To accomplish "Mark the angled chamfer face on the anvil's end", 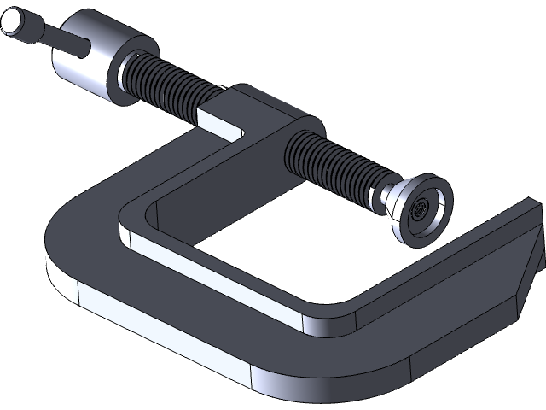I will pos(527,265).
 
